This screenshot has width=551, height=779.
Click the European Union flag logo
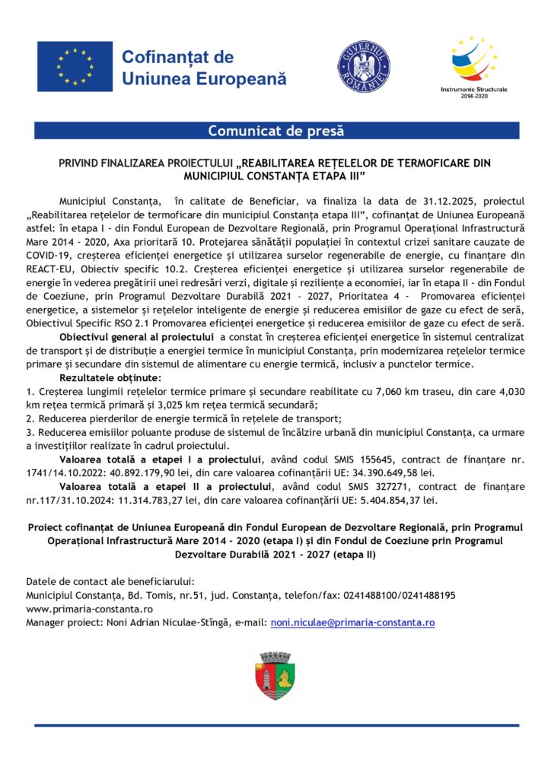tap(75, 67)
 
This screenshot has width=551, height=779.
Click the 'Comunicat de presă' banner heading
tap(275, 131)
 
